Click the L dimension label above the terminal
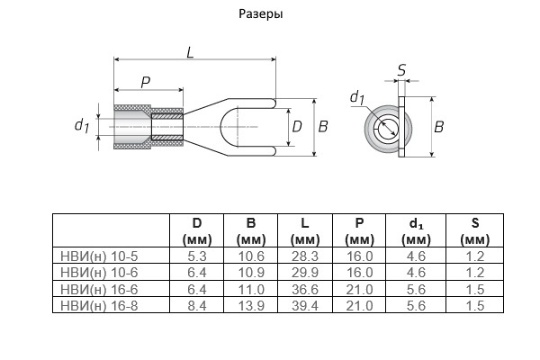click(191, 52)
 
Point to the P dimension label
click(146, 82)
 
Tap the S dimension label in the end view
click(400, 68)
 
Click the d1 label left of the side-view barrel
click(81, 126)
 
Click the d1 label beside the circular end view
click(356, 97)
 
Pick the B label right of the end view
click(439, 127)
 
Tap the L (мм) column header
click(305, 231)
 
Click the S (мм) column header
click(474, 231)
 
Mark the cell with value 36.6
click(305, 289)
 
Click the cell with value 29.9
click(305, 273)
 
